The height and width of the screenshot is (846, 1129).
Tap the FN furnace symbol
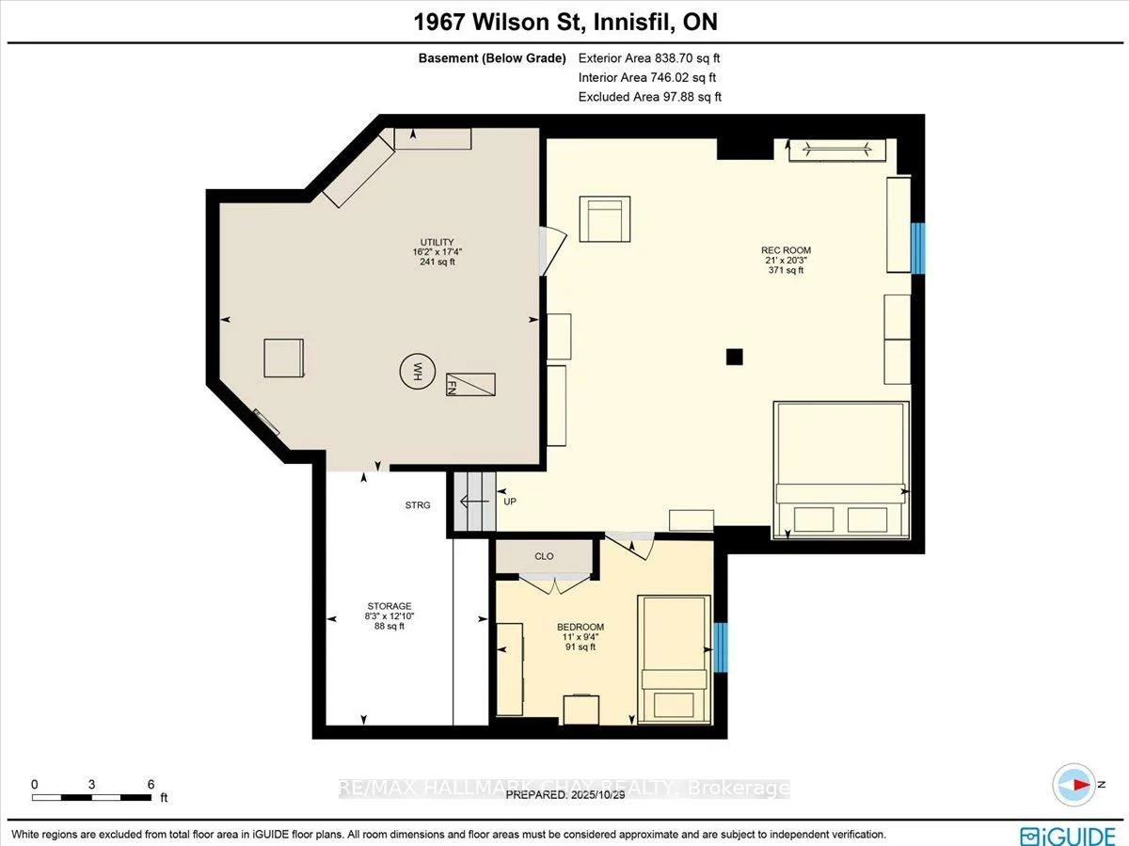pos(470,384)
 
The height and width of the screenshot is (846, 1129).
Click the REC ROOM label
pos(786,250)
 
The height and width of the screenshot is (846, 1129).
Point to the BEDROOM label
pos(580,627)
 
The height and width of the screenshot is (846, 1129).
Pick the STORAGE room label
pos(390,606)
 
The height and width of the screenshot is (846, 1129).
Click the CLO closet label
pos(544,556)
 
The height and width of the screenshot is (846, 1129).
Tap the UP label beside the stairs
pos(510,502)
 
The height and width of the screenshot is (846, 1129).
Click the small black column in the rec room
pos(735,356)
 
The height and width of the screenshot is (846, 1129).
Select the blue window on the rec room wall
pos(918,247)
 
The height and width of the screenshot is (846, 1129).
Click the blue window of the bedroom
pos(720,647)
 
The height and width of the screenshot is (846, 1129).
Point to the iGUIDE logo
pos(1069,835)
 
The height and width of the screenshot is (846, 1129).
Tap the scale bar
pos(92,797)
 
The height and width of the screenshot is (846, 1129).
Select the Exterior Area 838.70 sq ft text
pos(649,58)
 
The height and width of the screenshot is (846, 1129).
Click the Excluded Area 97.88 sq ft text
pos(649,97)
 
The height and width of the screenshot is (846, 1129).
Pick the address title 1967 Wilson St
pos(564,22)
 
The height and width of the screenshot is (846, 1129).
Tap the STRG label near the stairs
pos(418,505)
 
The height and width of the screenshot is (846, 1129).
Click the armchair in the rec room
pos(605,218)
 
